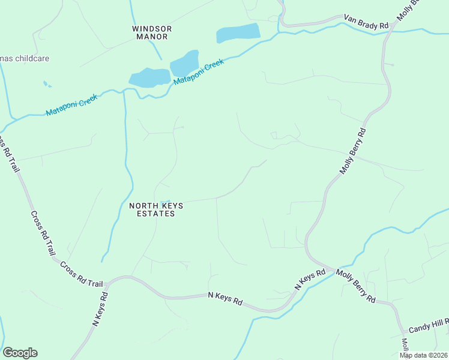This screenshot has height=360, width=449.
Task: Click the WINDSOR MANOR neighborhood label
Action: point(152,32)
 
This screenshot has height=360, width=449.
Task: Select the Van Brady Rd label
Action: point(366,22)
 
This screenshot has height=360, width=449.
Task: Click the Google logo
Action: point(20,353)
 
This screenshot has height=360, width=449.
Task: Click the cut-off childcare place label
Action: point(24,59)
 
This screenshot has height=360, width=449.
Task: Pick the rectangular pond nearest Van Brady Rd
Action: point(238,33)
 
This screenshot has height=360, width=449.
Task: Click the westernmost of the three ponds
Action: point(149,77)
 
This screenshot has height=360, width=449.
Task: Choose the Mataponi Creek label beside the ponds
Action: point(199,71)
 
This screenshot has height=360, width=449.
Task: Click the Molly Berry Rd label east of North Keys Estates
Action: point(352,150)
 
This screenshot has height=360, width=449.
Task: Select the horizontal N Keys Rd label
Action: point(224,298)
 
